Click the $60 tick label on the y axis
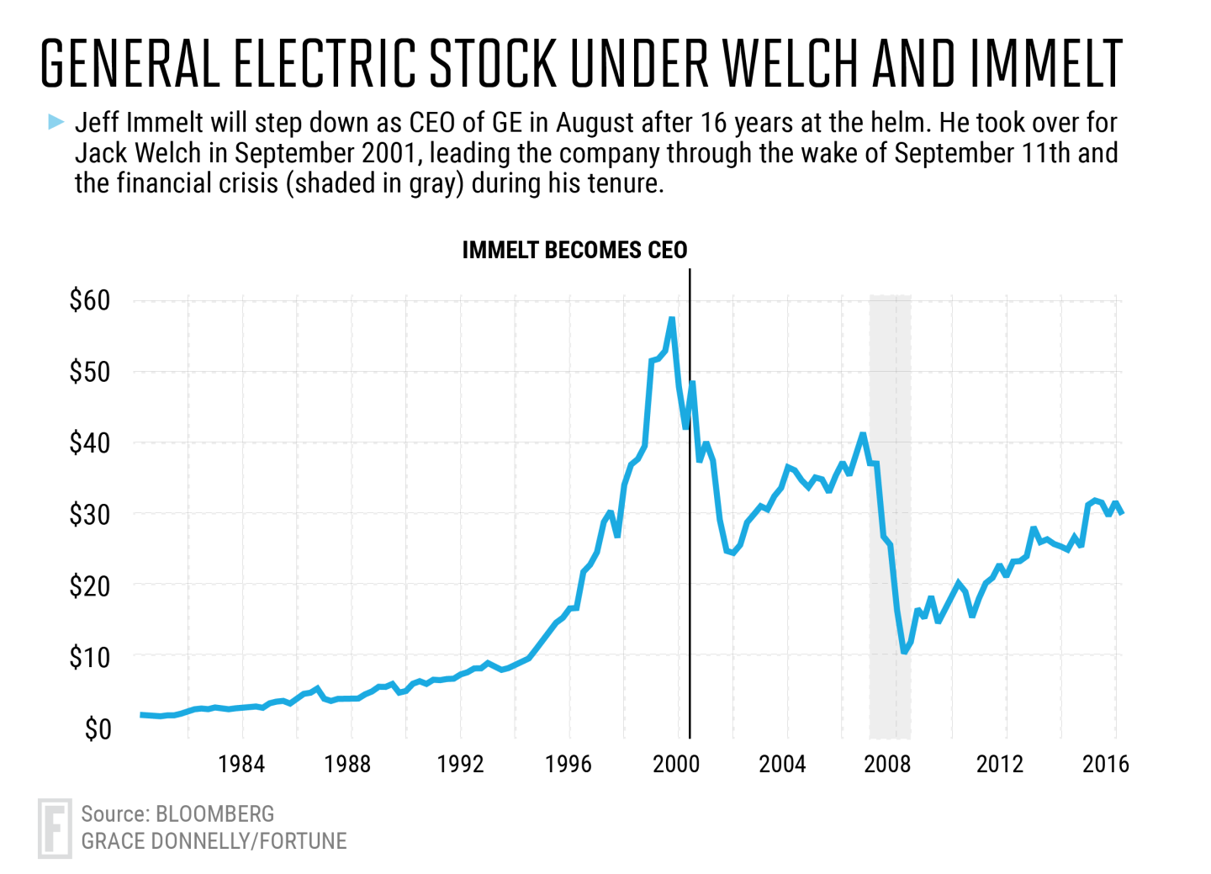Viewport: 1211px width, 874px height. (x=90, y=300)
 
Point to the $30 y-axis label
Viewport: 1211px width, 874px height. (x=90, y=514)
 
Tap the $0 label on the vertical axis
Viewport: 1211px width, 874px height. (x=98, y=728)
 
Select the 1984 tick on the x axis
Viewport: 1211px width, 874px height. (x=241, y=764)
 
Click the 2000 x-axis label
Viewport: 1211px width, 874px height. (x=676, y=764)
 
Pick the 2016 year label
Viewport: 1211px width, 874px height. (x=1105, y=764)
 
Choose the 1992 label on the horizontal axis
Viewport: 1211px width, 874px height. (x=460, y=764)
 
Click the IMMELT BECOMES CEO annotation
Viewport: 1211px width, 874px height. (x=574, y=250)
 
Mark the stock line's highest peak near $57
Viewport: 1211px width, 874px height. (x=671, y=320)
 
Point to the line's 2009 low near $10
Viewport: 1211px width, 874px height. (x=904, y=650)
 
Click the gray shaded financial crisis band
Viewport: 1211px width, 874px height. (x=890, y=505)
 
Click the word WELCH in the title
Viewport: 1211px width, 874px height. (x=791, y=64)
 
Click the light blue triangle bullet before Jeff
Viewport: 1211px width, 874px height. (x=56, y=123)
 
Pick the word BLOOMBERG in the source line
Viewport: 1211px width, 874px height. (x=215, y=813)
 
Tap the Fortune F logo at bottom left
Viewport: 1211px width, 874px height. (x=55, y=829)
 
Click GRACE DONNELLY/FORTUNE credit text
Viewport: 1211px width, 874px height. (x=214, y=841)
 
